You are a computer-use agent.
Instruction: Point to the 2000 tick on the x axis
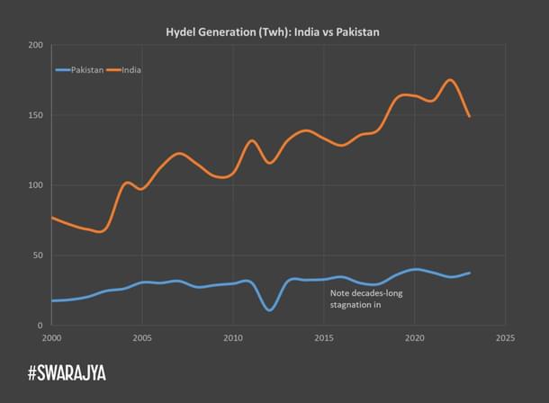pyautogui.click(x=51, y=339)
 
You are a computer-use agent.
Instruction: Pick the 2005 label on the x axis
pyautogui.click(x=142, y=339)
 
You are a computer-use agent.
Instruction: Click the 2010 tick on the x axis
pyautogui.click(x=233, y=339)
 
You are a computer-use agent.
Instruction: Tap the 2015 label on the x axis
pyautogui.click(x=324, y=339)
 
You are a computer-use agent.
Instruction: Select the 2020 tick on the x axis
pyautogui.click(x=415, y=339)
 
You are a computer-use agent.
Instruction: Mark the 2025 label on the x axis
pyautogui.click(x=505, y=339)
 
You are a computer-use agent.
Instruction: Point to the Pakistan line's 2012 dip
pyautogui.click(x=270, y=310)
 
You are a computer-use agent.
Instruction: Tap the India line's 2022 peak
pyautogui.click(x=450, y=80)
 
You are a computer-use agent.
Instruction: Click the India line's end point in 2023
pyautogui.click(x=470, y=116)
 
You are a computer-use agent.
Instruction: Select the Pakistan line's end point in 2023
pyautogui.click(x=470, y=273)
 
